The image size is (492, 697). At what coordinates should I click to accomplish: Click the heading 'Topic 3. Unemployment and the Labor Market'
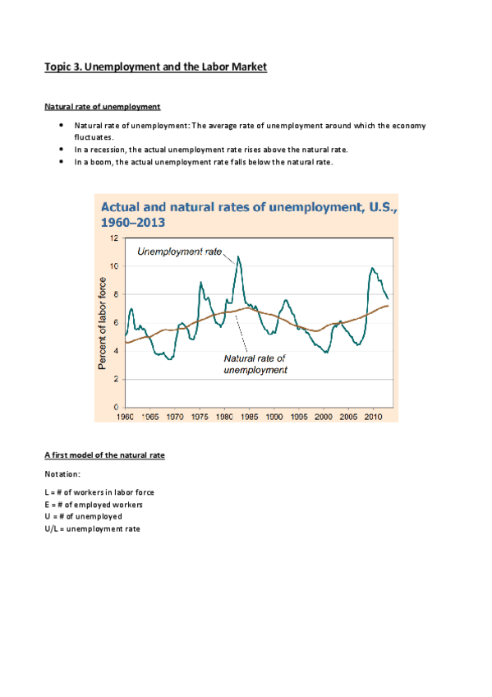[155, 67]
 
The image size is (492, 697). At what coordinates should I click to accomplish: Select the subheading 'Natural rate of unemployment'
[103, 107]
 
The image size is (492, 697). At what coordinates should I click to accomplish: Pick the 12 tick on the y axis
[115, 238]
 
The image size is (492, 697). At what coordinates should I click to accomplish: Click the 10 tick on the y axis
[115, 266]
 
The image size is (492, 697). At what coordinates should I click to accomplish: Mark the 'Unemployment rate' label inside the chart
[179, 252]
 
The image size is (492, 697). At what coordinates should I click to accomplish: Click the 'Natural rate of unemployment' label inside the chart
[255, 364]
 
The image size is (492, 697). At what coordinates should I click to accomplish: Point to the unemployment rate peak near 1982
[238, 257]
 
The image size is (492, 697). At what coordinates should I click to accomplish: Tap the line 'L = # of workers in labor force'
[99, 492]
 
